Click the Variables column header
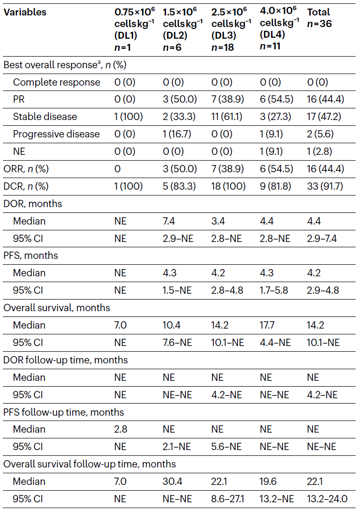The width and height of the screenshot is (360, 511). point(25,12)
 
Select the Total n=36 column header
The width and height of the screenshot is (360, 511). point(319,18)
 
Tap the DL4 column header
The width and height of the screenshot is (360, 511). point(279,29)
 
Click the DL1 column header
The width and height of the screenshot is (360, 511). point(135,30)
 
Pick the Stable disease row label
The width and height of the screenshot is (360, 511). point(45,117)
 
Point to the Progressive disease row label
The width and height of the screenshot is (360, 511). point(56,134)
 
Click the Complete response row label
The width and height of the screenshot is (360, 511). point(56,82)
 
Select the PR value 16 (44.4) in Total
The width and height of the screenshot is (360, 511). point(325,99)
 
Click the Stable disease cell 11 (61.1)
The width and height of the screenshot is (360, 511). point(227,117)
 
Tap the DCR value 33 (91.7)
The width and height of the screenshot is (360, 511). point(325,186)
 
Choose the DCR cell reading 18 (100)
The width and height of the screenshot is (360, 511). point(228,186)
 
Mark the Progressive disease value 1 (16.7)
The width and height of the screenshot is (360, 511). point(177,134)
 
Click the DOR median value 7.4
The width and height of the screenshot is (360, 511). point(169,221)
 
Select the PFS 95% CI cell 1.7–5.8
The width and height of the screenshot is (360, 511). point(274,290)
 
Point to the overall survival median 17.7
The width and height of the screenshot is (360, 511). point(267,325)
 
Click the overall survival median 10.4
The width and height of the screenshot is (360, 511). point(171,325)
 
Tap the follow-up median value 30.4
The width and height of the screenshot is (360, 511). point(172,481)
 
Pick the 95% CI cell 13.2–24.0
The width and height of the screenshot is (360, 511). point(327,498)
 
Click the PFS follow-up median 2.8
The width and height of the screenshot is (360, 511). point(120,429)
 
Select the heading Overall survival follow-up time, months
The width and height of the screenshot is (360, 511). point(90,464)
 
